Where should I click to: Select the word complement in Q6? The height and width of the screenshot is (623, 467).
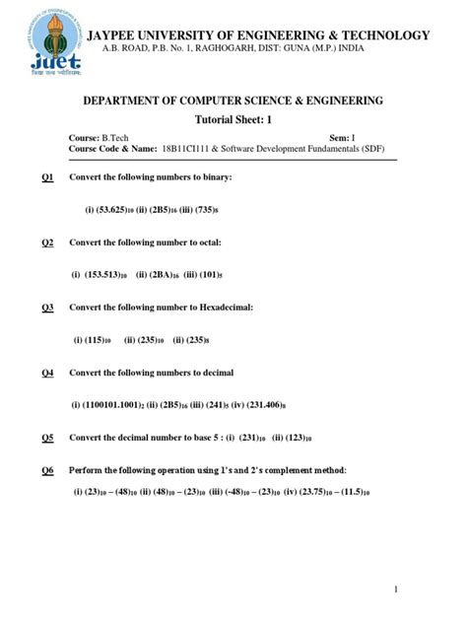[x=288, y=470]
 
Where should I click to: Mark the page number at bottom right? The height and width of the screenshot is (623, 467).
[x=395, y=588]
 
